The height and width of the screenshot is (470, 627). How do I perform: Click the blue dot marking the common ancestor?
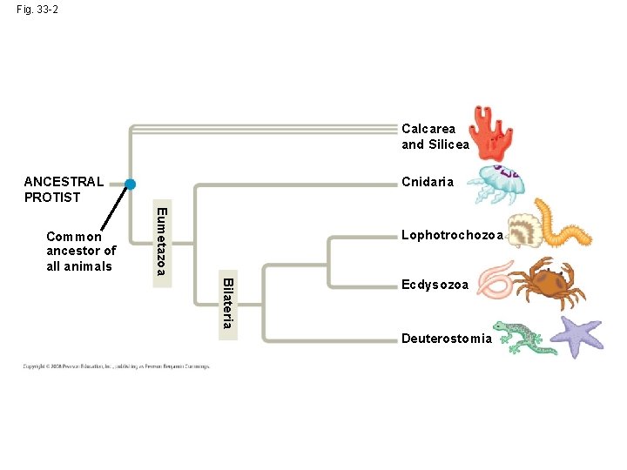click(x=130, y=184)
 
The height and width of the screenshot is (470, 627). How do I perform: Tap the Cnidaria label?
click(x=428, y=182)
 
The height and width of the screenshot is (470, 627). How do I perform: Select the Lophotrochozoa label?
click(x=452, y=235)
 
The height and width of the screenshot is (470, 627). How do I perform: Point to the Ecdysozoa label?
click(x=435, y=285)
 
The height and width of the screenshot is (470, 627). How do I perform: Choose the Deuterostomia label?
click(x=447, y=339)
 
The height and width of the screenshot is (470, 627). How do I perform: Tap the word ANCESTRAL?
click(x=64, y=182)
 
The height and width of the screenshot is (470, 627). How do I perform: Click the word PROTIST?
click(x=52, y=198)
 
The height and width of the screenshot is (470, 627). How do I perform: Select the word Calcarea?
click(x=428, y=129)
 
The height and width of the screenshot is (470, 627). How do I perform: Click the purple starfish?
click(x=580, y=336)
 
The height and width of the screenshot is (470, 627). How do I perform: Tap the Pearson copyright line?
click(x=116, y=366)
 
